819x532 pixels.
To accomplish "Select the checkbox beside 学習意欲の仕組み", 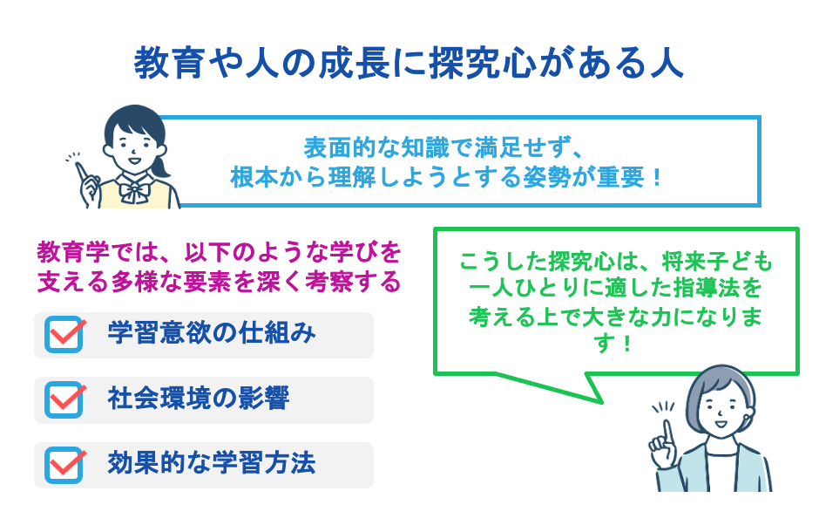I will coord(64,335).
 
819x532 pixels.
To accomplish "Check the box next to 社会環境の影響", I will coord(64,399).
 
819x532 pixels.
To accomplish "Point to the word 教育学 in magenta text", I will coord(73,254).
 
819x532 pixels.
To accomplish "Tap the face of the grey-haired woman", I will coord(720,405).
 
